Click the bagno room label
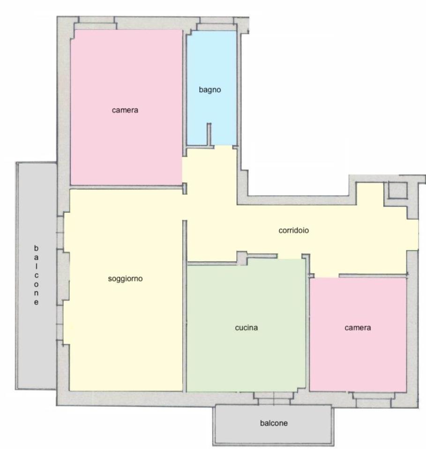coord(209,90)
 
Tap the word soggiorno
coord(125,279)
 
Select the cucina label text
coord(246,327)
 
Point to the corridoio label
coord(293,231)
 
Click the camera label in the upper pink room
coord(125,110)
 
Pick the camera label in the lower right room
coord(358,328)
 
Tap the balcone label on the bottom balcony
coord(274,423)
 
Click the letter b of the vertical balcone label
coord(36,248)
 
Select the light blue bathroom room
coord(211,88)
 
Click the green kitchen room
coord(246,326)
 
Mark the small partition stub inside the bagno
coord(209,135)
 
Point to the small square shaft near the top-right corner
coord(397,190)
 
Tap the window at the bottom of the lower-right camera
coord(374,399)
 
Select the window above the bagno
coord(217,24)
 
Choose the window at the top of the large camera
coord(96,23)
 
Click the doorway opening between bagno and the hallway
coord(223,146)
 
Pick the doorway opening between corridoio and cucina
coord(290,257)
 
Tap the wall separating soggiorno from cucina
coord(185,306)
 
